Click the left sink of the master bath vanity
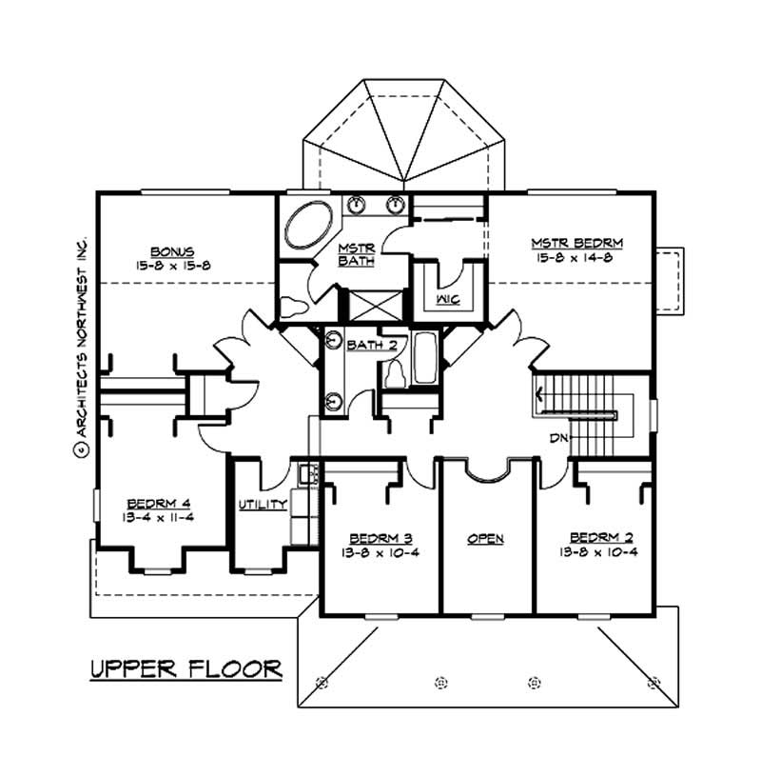355,203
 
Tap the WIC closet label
448,300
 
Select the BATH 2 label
371,344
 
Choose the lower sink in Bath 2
332,400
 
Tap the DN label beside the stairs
559,438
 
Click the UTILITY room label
263,505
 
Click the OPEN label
485,539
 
